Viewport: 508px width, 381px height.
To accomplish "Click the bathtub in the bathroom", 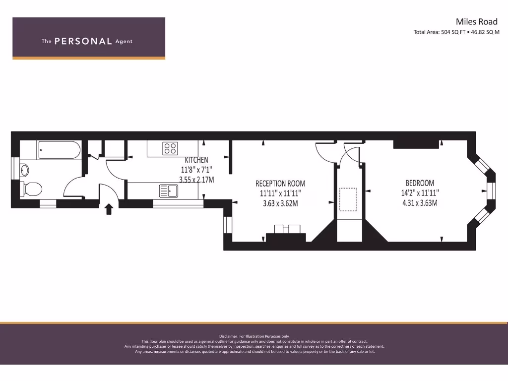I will (x=59, y=150).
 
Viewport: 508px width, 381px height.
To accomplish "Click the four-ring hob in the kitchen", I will (x=170, y=148).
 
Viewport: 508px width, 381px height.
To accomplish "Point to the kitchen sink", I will (x=169, y=190).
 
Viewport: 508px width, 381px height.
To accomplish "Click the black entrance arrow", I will (x=109, y=209).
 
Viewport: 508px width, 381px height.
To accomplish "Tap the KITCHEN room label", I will (x=196, y=160).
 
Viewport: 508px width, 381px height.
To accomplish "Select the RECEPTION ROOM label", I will (x=280, y=184).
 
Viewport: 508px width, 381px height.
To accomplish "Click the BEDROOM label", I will (x=420, y=183).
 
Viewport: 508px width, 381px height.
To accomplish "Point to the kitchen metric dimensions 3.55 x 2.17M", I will (x=196, y=180).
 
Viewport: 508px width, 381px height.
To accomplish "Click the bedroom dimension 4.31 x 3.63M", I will (x=420, y=203).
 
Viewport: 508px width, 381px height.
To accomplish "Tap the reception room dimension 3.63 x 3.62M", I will (x=280, y=203).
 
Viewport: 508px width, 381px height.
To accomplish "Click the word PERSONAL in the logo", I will (x=83, y=42).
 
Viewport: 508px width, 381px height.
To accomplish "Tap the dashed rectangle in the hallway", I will (x=349, y=199).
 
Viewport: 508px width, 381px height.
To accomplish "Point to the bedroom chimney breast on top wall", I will (x=416, y=144).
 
